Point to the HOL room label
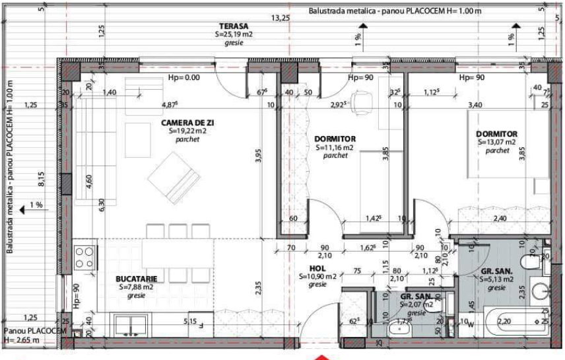(x=308, y=268)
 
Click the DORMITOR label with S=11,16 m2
(x=335, y=138)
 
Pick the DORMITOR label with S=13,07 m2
(x=497, y=134)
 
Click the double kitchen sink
(x=133, y=325)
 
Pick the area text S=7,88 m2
(x=136, y=287)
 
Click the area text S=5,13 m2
(x=493, y=281)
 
